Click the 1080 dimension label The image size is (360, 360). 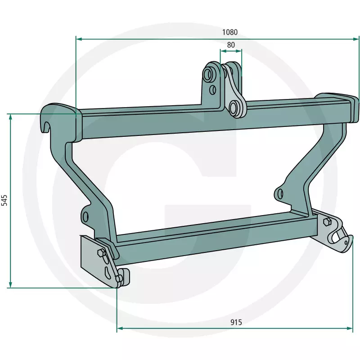pyautogui.click(x=229, y=32)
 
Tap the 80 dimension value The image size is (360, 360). pyautogui.click(x=231, y=45)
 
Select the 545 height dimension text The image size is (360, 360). pyautogui.click(x=4, y=200)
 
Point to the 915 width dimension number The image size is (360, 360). pyautogui.click(x=236, y=322)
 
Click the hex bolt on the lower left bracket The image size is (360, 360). pyautogui.click(x=101, y=253)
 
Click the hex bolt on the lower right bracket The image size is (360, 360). pyautogui.click(x=327, y=222)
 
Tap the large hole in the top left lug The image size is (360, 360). pyautogui.click(x=208, y=73)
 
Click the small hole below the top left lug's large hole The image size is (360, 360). pyautogui.click(x=213, y=90)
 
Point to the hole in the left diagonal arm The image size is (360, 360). pyautogui.click(x=85, y=216)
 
